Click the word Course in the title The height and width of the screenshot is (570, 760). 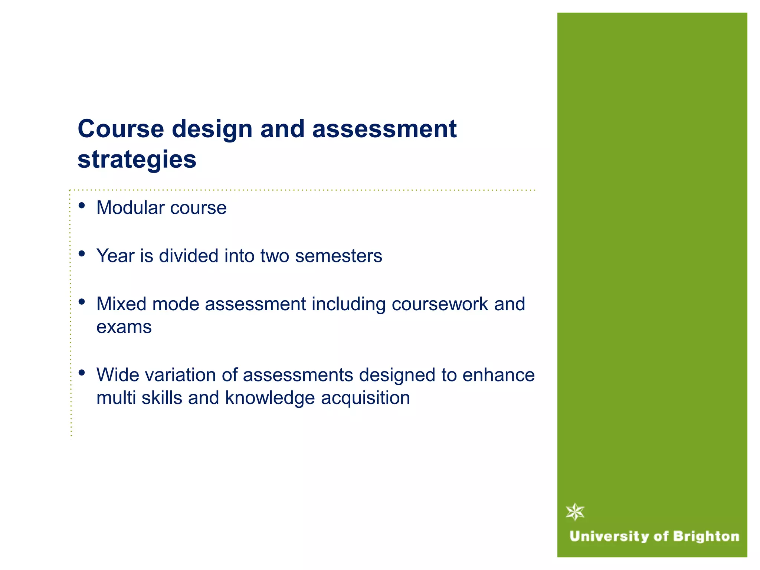(121, 129)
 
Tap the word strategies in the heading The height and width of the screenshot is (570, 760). (137, 160)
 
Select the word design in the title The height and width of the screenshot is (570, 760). (212, 129)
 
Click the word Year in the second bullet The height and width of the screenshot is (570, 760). (115, 256)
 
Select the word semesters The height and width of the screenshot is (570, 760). (338, 256)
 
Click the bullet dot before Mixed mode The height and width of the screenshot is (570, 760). (82, 302)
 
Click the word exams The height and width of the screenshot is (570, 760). (124, 327)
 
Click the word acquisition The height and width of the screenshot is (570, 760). (366, 397)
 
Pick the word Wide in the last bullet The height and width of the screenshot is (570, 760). (117, 374)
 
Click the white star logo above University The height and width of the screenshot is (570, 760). (575, 512)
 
